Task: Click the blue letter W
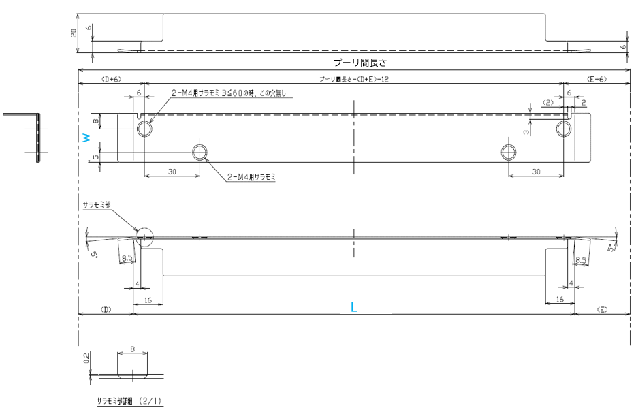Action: (x=86, y=137)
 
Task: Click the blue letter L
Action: (x=353, y=307)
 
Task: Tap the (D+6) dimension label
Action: (x=111, y=80)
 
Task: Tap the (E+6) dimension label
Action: (x=597, y=80)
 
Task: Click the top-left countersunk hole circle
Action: (x=144, y=128)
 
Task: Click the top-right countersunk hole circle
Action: (x=564, y=128)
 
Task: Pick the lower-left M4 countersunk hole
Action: (x=200, y=151)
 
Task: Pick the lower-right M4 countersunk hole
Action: (x=508, y=151)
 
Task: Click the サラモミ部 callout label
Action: (x=95, y=204)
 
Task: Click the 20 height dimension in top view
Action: (x=74, y=33)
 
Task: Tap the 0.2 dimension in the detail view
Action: (x=86, y=359)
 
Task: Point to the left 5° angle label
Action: (x=94, y=255)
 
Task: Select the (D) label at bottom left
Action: (x=106, y=309)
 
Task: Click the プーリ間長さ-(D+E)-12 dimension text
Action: (x=354, y=80)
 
